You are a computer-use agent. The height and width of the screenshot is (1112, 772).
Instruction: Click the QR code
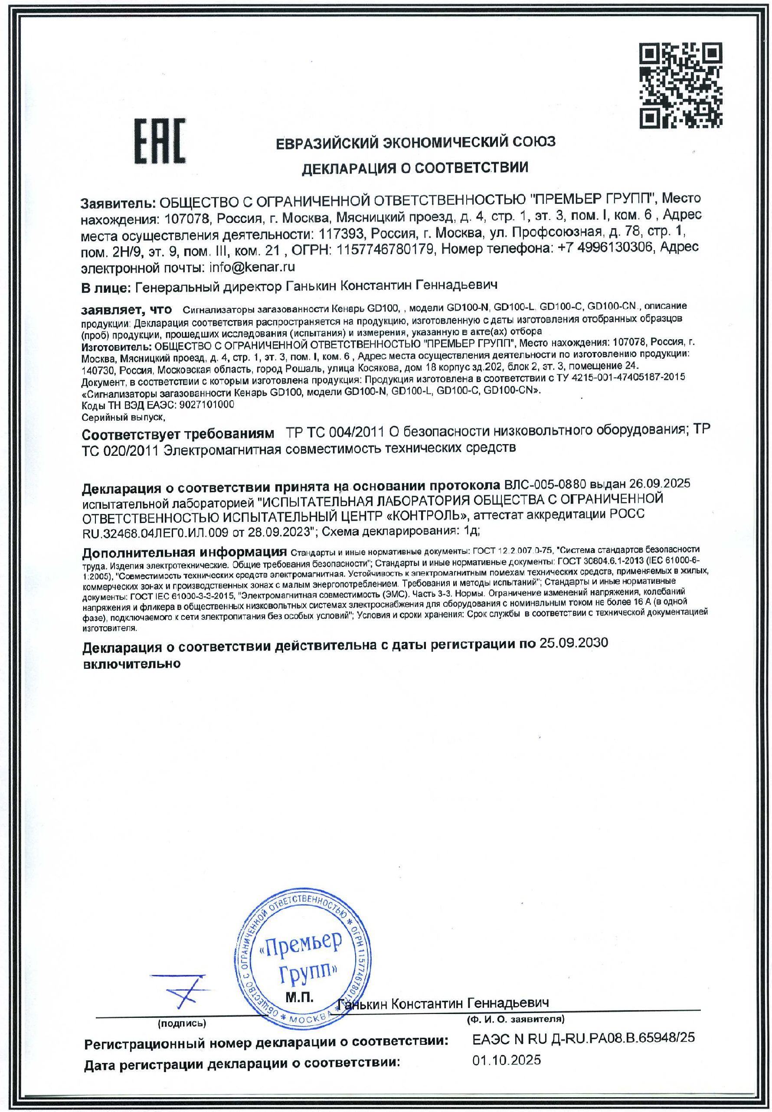[681, 85]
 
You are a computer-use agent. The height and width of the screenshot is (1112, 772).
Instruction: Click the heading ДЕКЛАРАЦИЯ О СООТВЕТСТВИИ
[415, 168]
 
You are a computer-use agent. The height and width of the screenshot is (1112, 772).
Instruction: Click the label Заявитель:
[118, 202]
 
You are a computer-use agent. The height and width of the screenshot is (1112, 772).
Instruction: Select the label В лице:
[106, 288]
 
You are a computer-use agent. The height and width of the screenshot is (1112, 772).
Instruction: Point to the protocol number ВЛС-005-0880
[545, 484]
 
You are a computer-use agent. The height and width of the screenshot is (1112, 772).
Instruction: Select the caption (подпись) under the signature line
[182, 1024]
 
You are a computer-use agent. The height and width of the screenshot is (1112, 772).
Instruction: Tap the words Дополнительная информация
[184, 553]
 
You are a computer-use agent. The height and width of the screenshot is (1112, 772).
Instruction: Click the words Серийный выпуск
[123, 417]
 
